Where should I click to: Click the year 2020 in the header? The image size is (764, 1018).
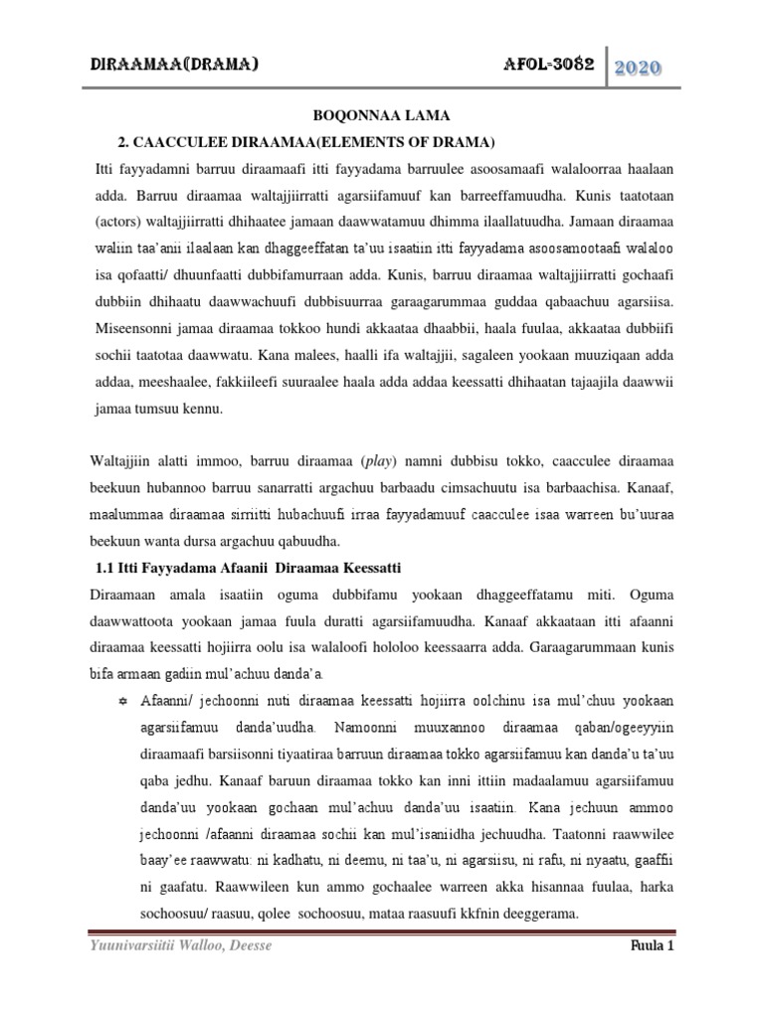pos(640,70)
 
